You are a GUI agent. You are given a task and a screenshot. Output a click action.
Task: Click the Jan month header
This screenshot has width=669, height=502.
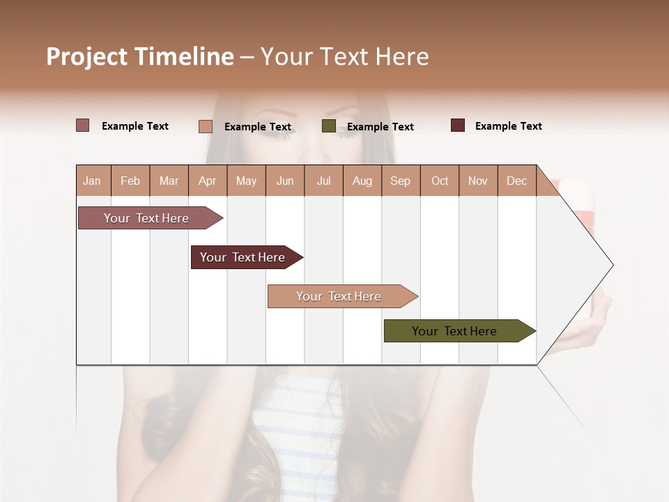tap(93, 181)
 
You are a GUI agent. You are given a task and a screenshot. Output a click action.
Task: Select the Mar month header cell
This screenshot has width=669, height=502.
tap(169, 181)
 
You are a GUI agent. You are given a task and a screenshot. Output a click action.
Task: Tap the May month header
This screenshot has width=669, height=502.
tap(246, 181)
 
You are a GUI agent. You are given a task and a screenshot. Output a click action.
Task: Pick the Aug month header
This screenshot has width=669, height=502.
tap(362, 181)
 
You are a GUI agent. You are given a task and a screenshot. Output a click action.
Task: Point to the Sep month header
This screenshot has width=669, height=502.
tap(401, 181)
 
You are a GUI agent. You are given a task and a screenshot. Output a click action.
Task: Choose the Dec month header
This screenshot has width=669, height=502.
tap(516, 181)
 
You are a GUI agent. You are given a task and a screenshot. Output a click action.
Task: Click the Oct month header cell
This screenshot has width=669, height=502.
tap(440, 181)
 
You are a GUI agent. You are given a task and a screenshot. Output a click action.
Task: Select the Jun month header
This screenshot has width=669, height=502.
tap(285, 181)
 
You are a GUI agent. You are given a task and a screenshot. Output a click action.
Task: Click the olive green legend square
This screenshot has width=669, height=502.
tap(329, 126)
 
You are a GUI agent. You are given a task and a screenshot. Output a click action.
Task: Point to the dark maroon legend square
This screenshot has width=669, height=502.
tap(458, 125)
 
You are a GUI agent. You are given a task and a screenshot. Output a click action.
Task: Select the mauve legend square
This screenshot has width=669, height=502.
tap(82, 125)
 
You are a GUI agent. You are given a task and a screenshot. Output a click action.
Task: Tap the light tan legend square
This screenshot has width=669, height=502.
tap(206, 126)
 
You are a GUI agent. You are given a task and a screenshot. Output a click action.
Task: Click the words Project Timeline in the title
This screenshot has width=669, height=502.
tap(140, 56)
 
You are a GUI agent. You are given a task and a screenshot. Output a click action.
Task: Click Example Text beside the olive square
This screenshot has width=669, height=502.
tap(380, 127)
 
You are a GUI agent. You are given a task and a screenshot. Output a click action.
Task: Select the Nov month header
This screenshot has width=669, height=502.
tap(478, 181)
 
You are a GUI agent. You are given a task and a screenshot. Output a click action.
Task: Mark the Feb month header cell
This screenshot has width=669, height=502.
tap(130, 181)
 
